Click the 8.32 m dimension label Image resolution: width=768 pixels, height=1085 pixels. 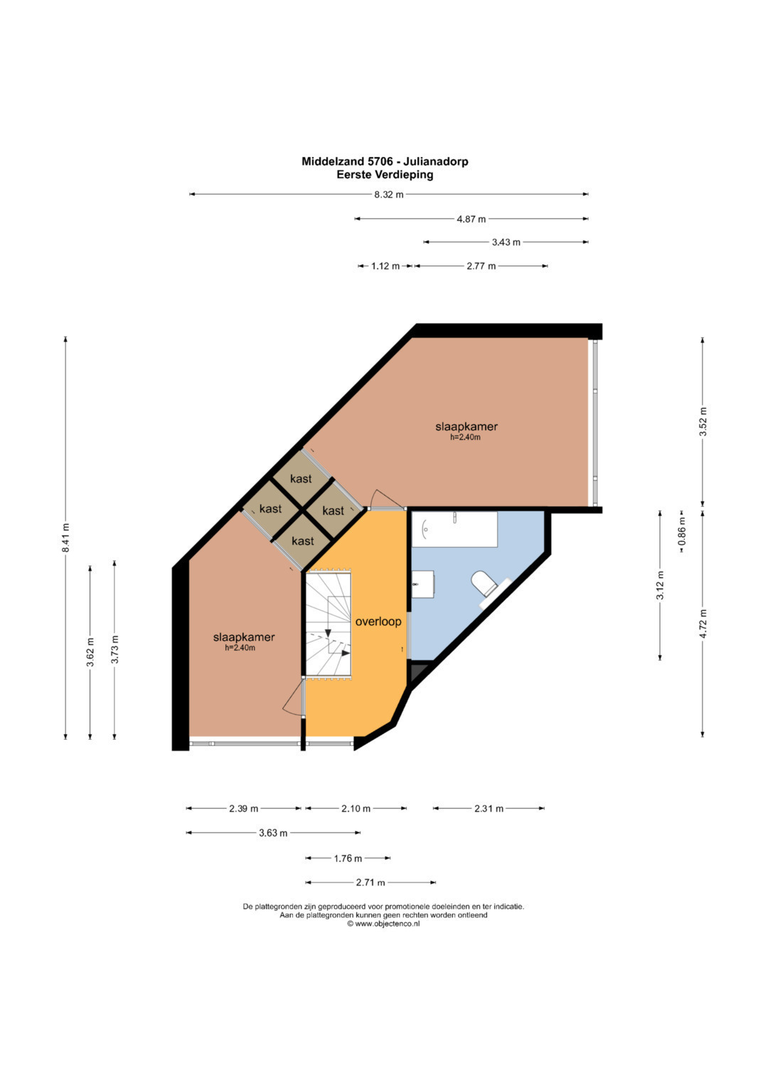click(x=389, y=195)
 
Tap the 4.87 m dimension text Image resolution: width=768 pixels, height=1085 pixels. click(x=471, y=219)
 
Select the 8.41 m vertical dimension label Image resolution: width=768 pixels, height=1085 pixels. click(x=66, y=537)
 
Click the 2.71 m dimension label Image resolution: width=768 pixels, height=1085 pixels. click(x=370, y=882)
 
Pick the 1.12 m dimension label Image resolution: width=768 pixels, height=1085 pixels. click(x=385, y=266)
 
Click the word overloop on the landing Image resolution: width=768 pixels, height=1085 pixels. click(x=378, y=622)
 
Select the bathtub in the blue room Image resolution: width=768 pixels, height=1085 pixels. click(x=454, y=529)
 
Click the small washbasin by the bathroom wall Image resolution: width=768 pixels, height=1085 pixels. click(x=423, y=585)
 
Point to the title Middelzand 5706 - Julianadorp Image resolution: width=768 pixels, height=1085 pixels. click(x=385, y=161)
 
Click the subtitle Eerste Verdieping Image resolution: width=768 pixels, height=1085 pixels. click(x=385, y=175)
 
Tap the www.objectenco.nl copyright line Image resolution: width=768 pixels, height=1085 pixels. click(x=383, y=924)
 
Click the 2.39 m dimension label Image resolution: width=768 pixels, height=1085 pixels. click(x=243, y=809)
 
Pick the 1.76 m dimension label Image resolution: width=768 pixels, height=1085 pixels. click(x=348, y=858)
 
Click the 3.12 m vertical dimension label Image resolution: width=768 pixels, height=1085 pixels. click(x=660, y=585)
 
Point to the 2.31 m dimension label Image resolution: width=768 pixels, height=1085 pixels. click(x=489, y=809)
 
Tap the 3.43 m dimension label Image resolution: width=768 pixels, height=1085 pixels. click(x=506, y=242)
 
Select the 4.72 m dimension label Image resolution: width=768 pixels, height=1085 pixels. click(x=703, y=623)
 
